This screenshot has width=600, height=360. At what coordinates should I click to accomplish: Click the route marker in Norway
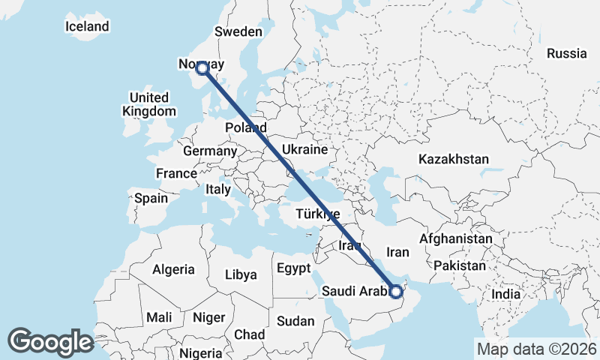202,68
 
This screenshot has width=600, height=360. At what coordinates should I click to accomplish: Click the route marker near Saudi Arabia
396,291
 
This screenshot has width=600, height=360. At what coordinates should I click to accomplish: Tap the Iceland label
87,26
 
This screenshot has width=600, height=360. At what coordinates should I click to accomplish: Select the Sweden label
238,31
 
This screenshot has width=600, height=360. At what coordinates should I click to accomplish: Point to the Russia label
566,53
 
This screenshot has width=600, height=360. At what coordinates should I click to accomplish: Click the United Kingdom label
148,104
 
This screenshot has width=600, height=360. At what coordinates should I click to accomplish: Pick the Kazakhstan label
454,159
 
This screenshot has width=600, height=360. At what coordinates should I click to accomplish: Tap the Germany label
210,151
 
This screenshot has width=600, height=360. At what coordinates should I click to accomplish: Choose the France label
176,173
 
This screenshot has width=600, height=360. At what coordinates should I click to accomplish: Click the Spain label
151,199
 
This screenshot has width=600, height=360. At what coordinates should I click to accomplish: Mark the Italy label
218,190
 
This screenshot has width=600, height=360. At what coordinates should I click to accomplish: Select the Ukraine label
304,149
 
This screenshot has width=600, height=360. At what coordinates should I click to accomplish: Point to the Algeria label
173,269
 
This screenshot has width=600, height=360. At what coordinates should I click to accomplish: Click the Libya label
241,275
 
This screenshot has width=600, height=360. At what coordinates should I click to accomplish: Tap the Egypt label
292,268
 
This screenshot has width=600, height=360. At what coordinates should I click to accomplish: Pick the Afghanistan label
456,239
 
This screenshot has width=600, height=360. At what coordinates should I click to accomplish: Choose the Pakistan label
460,265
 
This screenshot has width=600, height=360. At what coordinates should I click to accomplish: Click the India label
505,294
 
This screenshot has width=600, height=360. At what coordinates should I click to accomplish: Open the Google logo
50,342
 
